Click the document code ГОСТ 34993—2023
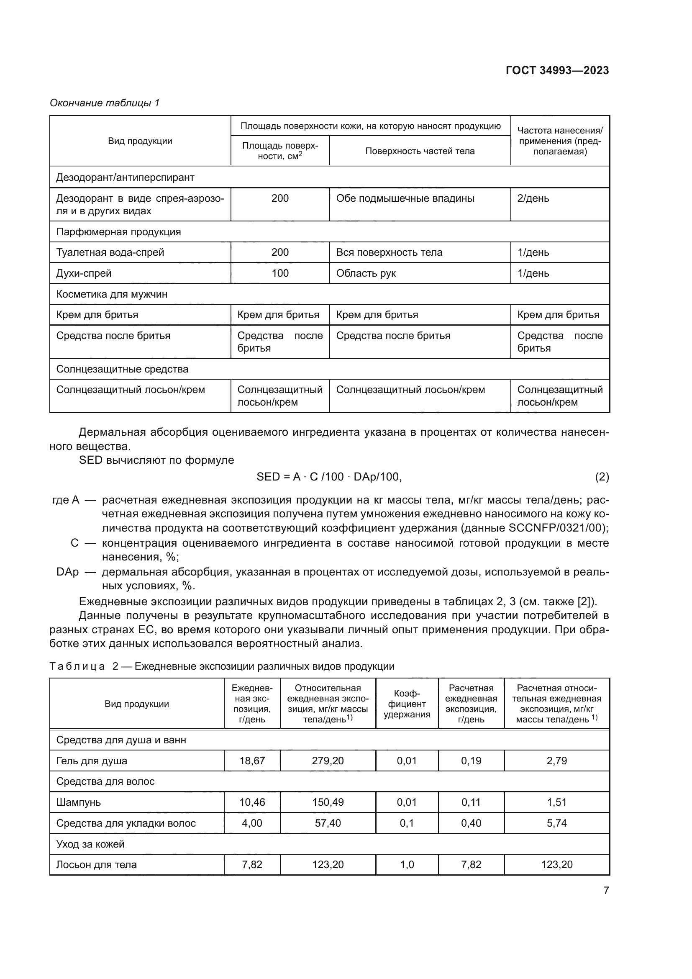pyautogui.click(x=557, y=70)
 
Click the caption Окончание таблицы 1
pyautogui.click(x=105, y=103)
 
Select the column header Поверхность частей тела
pyautogui.click(x=420, y=151)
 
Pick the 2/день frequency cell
pyautogui.click(x=533, y=198)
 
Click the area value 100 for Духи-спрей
pyautogui.click(x=280, y=273)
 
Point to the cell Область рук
pyautogui.click(x=366, y=273)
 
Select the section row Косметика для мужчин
pyautogui.click(x=112, y=294)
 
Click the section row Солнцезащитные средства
pyautogui.click(x=122, y=369)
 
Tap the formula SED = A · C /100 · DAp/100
pyautogui.click(x=329, y=477)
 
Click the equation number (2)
pyautogui.click(x=602, y=477)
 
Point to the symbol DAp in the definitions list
pyautogui.click(x=67, y=572)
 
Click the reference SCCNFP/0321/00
pyautogui.click(x=557, y=528)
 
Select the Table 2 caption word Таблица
pyautogui.click(x=77, y=666)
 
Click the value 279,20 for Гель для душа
pyautogui.click(x=327, y=761)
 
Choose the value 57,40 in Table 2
pyautogui.click(x=327, y=823)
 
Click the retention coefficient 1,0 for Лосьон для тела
pyautogui.click(x=407, y=864)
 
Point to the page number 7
pyautogui.click(x=606, y=890)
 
